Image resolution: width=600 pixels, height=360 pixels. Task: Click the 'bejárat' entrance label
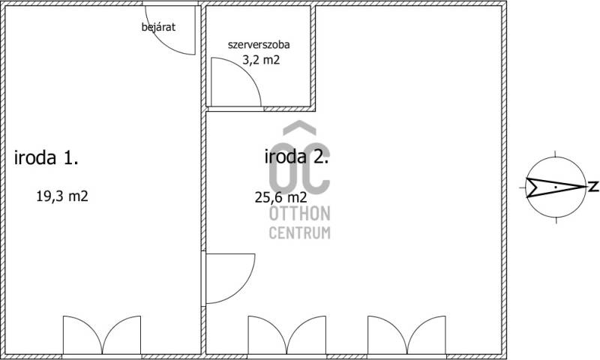point(158,27)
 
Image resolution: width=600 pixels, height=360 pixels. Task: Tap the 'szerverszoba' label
point(259,44)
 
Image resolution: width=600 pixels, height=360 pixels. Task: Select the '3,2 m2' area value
point(261,60)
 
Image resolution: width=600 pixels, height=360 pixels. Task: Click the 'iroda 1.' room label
point(46,157)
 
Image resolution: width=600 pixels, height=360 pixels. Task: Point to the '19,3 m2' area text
point(62,196)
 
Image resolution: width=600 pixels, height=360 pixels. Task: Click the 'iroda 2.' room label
point(296,157)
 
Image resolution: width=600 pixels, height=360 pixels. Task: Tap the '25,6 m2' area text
point(280,197)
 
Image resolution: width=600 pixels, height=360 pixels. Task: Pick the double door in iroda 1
point(102,335)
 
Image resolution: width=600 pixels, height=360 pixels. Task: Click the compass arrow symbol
point(556,187)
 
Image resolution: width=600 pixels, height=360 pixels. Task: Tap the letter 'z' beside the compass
point(593,187)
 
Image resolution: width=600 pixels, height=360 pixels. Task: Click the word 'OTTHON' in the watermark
point(299,214)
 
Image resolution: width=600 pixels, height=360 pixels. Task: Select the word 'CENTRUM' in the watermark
point(299,232)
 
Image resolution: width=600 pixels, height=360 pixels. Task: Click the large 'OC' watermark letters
point(299,168)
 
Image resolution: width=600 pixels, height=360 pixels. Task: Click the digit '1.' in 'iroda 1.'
point(70,157)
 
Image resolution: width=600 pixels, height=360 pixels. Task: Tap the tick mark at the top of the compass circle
point(556,154)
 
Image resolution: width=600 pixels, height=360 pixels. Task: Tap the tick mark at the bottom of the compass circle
point(556,220)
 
